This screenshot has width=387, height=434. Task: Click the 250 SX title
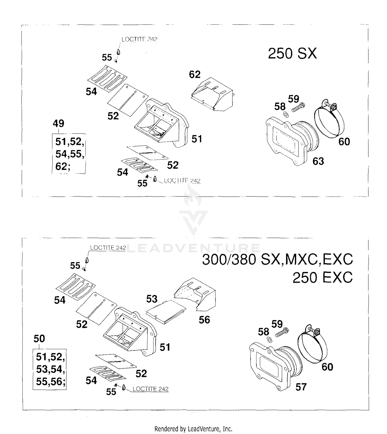292,54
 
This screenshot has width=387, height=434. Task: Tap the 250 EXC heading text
322,278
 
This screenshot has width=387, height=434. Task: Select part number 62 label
195,74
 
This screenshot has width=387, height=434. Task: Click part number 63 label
318,161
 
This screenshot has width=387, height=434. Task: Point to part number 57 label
301,387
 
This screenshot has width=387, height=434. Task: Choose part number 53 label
152,299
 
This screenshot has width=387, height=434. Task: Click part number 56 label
204,320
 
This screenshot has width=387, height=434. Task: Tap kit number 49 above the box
58,123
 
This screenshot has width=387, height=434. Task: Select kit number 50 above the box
39,338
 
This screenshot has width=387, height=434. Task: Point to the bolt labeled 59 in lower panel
282,332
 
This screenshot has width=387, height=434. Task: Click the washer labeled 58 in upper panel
286,114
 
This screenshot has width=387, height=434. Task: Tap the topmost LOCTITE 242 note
139,39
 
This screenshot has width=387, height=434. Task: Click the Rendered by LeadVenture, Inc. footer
193,429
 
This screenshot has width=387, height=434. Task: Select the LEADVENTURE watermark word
193,248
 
